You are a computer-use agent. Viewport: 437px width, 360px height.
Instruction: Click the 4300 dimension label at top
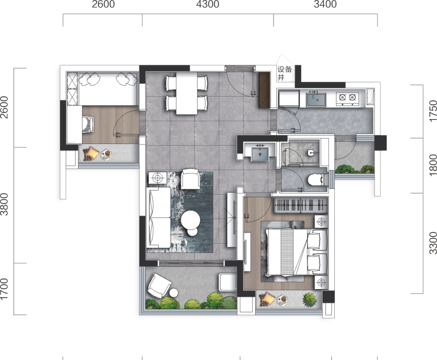208,4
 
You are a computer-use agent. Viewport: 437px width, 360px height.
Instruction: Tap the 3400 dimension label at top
325,4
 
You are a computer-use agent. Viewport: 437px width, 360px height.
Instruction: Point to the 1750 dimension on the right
433,111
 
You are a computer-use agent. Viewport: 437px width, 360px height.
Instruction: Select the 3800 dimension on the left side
4,204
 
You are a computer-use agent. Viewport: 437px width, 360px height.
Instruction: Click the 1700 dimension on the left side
4,289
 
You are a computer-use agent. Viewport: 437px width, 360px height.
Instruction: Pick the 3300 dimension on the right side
433,243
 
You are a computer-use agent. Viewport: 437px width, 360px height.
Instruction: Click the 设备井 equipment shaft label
284,73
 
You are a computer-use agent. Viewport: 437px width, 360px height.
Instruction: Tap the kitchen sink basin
316,100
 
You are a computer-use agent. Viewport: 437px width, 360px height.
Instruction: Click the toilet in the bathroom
317,180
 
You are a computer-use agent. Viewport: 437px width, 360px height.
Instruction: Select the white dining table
187,93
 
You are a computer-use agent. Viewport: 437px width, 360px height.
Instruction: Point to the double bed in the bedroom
296,252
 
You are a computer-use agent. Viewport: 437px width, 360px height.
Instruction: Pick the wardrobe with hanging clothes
301,205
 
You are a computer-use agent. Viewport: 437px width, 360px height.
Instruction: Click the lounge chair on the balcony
159,286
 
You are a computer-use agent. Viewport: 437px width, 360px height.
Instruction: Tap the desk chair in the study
89,125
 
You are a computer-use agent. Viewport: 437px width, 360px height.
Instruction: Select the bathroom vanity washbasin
260,154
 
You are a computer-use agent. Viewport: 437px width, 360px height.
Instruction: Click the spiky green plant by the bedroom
310,300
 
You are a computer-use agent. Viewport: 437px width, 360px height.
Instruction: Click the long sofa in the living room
158,217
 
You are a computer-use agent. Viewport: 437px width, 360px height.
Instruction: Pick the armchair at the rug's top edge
191,179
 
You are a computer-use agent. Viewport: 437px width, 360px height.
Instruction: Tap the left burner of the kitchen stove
343,97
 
